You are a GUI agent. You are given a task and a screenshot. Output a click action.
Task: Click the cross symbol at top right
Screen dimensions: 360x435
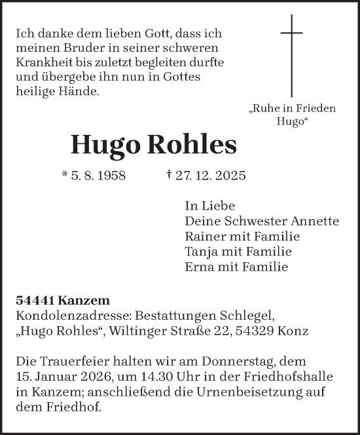tap(291, 56)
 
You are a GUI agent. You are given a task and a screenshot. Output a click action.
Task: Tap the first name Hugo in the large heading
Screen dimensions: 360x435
tap(106, 145)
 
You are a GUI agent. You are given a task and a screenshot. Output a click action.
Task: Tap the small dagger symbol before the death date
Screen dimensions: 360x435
tap(170, 175)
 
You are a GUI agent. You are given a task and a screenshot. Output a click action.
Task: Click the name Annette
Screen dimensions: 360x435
tap(316, 221)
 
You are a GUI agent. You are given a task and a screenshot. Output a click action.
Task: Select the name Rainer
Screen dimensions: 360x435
tap(205, 236)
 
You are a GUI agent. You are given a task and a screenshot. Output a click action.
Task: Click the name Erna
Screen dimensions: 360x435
tap(200, 267)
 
